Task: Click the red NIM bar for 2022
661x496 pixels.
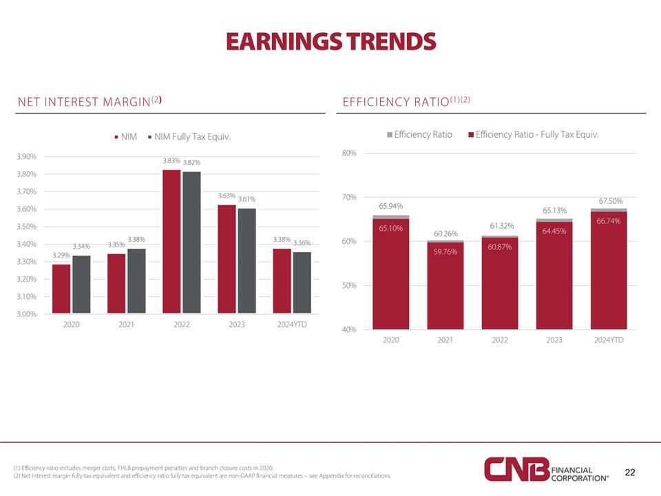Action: pyautogui.click(x=171, y=242)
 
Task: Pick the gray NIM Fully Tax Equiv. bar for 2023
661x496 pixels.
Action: pyautogui.click(x=246, y=261)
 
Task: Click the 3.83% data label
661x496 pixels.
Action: pyautogui.click(x=171, y=161)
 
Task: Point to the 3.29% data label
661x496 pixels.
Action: pyautogui.click(x=61, y=256)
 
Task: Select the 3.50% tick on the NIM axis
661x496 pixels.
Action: pyautogui.click(x=27, y=227)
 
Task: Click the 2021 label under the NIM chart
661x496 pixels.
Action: pyautogui.click(x=127, y=324)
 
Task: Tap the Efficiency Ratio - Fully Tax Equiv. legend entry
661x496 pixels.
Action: pyautogui.click(x=533, y=134)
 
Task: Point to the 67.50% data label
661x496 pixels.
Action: pyautogui.click(x=611, y=200)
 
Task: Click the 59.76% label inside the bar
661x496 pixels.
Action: pyautogui.click(x=445, y=251)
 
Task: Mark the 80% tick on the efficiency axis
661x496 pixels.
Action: pyautogui.click(x=348, y=153)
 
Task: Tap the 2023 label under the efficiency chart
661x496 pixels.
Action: pyautogui.click(x=554, y=340)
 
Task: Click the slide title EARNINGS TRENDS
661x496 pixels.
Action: pyautogui.click(x=330, y=42)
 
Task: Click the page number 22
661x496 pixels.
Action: pyautogui.click(x=629, y=472)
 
